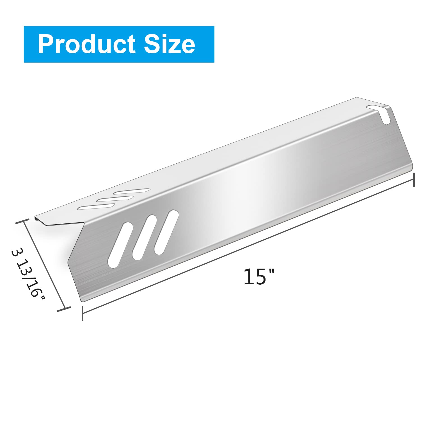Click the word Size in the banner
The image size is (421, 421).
point(170,44)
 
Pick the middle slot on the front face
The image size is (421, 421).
point(144,237)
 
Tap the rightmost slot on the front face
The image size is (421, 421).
point(166,232)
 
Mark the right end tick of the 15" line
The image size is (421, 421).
point(414,180)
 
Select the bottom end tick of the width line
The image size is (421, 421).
point(63,310)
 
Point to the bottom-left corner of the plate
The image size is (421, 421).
point(82,301)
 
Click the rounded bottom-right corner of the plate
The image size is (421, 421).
point(411,168)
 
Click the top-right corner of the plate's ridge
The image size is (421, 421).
point(389,106)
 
